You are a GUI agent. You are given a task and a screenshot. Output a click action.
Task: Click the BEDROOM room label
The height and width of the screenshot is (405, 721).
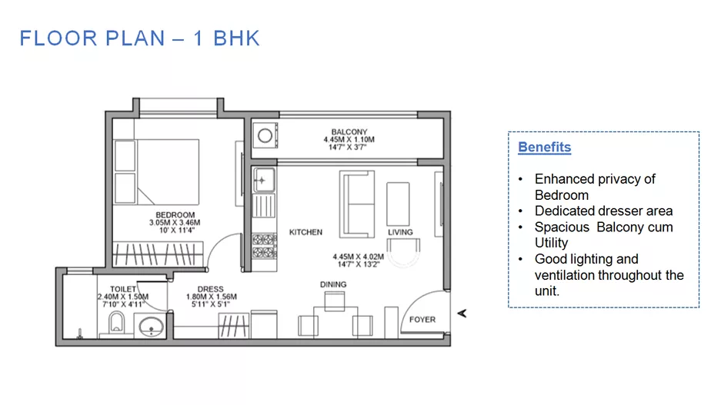coord(175,215)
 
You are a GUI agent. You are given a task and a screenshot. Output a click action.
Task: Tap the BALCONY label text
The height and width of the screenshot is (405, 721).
coord(349,132)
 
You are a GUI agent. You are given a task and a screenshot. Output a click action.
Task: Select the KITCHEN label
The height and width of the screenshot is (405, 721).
coord(305,232)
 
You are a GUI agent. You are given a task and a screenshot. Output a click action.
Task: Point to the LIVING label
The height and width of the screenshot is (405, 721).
coord(400,232)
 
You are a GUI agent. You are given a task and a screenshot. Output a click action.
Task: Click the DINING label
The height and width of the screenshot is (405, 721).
coord(333,284)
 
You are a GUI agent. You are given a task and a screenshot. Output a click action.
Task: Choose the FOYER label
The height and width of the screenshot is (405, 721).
coord(422,320)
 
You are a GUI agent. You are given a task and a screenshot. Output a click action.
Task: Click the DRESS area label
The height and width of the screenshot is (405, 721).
coord(211,289)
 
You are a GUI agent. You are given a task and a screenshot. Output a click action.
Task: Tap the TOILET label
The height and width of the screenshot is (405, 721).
coord(123,289)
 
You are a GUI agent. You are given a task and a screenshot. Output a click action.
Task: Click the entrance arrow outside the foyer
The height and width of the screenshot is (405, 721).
coord(462,314)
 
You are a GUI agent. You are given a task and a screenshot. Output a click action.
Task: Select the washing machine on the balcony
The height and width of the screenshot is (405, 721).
coord(265,135)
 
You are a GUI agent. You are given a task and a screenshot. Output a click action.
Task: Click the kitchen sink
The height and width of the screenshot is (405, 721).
coord(264,180)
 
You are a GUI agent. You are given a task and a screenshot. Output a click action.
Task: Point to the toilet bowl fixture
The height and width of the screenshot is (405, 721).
coord(117,323)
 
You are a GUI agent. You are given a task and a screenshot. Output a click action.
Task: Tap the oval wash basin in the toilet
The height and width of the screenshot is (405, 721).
coord(151,327)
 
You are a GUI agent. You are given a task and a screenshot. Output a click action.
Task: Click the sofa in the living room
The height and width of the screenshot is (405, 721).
coord(357,204)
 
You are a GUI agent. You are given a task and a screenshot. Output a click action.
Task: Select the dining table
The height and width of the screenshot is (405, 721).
coord(335,322)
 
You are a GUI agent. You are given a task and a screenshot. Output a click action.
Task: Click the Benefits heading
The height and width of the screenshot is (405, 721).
coord(545,147)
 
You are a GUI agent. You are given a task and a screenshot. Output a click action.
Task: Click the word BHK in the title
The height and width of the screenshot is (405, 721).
coord(236,38)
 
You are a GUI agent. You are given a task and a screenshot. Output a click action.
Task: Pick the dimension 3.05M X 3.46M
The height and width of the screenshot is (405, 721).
coord(175,223)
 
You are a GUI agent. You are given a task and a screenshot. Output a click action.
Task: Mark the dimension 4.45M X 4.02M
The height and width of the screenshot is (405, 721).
coord(359,257)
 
